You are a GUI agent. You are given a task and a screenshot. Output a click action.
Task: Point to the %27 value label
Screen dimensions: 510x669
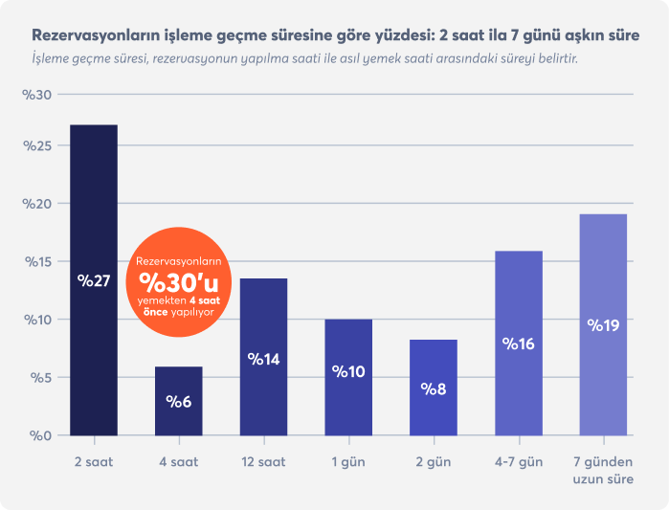pos(94,281)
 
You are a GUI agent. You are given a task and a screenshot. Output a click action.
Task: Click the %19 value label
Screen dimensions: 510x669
pos(603,325)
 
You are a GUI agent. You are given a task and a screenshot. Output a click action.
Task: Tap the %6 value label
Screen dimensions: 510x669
pos(179,401)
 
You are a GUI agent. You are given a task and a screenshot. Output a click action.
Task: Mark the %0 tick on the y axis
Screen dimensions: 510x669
pos(41,436)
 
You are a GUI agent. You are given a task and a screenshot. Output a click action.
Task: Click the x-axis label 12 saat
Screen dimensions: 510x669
pos(263,462)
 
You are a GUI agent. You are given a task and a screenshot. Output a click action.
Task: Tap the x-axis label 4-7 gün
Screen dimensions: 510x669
pos(519,462)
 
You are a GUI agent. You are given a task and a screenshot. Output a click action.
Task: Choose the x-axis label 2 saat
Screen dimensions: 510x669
pos(94,462)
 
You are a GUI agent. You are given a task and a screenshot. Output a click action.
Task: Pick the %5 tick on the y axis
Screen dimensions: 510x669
pos(41,378)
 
